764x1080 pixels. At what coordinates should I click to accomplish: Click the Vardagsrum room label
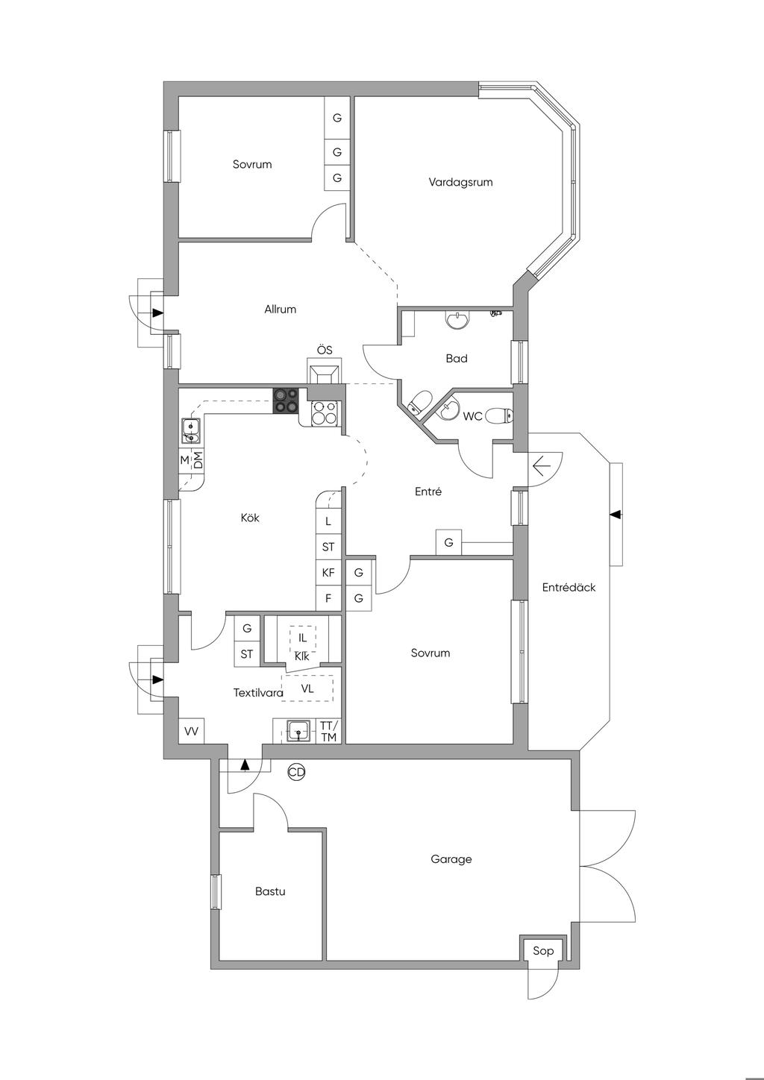[x=460, y=182]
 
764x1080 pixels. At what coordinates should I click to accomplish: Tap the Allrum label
[x=281, y=309]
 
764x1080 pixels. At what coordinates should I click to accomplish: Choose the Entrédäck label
[x=569, y=587]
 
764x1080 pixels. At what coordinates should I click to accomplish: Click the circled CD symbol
[x=296, y=773]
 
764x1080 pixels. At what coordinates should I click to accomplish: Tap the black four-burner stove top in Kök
[x=286, y=401]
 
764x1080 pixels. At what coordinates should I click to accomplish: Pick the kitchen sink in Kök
[x=190, y=430]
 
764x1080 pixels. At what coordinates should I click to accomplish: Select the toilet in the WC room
[x=499, y=415]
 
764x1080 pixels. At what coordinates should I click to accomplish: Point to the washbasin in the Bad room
[x=457, y=320]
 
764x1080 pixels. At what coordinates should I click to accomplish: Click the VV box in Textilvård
[x=192, y=732]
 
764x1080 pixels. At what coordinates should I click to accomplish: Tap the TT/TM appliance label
[x=329, y=732]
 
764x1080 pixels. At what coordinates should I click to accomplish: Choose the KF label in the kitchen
[x=328, y=572]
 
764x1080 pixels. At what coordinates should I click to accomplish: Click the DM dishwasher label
[x=198, y=459]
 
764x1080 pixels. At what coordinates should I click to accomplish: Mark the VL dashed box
[x=307, y=688]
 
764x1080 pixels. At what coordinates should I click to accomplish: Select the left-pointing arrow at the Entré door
[x=542, y=466]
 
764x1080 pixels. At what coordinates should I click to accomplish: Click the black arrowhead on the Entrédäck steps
[x=615, y=515]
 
